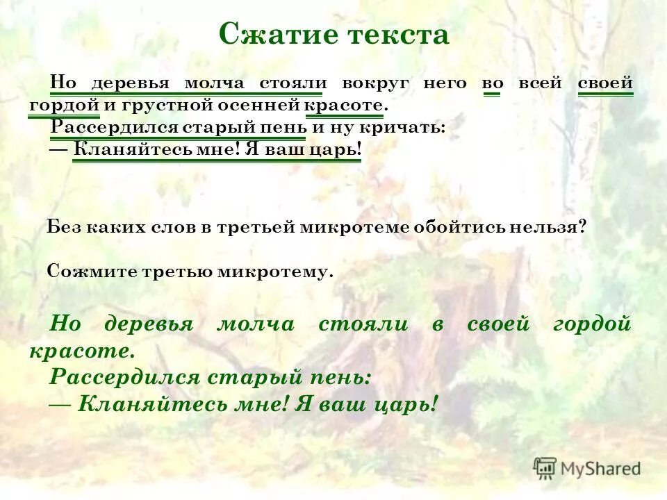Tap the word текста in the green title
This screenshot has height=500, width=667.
coord(395,35)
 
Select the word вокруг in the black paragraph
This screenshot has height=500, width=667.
coord(374,83)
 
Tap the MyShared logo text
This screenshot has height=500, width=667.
coord(600,469)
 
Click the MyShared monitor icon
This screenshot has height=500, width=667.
coord(545,467)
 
